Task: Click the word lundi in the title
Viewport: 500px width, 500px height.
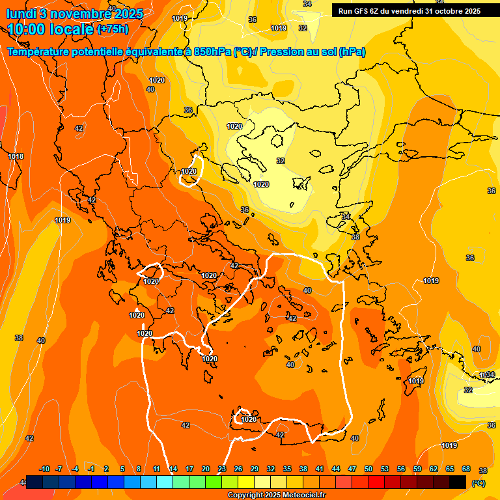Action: coord(20,12)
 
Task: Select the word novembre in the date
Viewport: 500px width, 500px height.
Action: coord(79,12)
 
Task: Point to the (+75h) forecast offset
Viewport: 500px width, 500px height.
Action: coord(113,29)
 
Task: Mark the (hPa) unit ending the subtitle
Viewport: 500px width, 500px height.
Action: coord(352,52)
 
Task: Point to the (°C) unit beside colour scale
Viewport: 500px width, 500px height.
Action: coord(478,483)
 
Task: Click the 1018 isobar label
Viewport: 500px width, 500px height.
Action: coord(16,156)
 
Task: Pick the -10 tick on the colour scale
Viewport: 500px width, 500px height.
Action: coord(44,469)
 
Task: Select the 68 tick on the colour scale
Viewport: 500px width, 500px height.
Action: coord(466,469)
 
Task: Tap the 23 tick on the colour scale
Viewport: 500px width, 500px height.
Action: coord(222,469)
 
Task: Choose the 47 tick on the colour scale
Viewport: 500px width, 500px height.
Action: coord(352,469)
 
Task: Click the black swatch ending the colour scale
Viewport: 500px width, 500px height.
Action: coord(458,482)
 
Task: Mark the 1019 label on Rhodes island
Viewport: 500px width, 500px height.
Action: coord(416,381)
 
